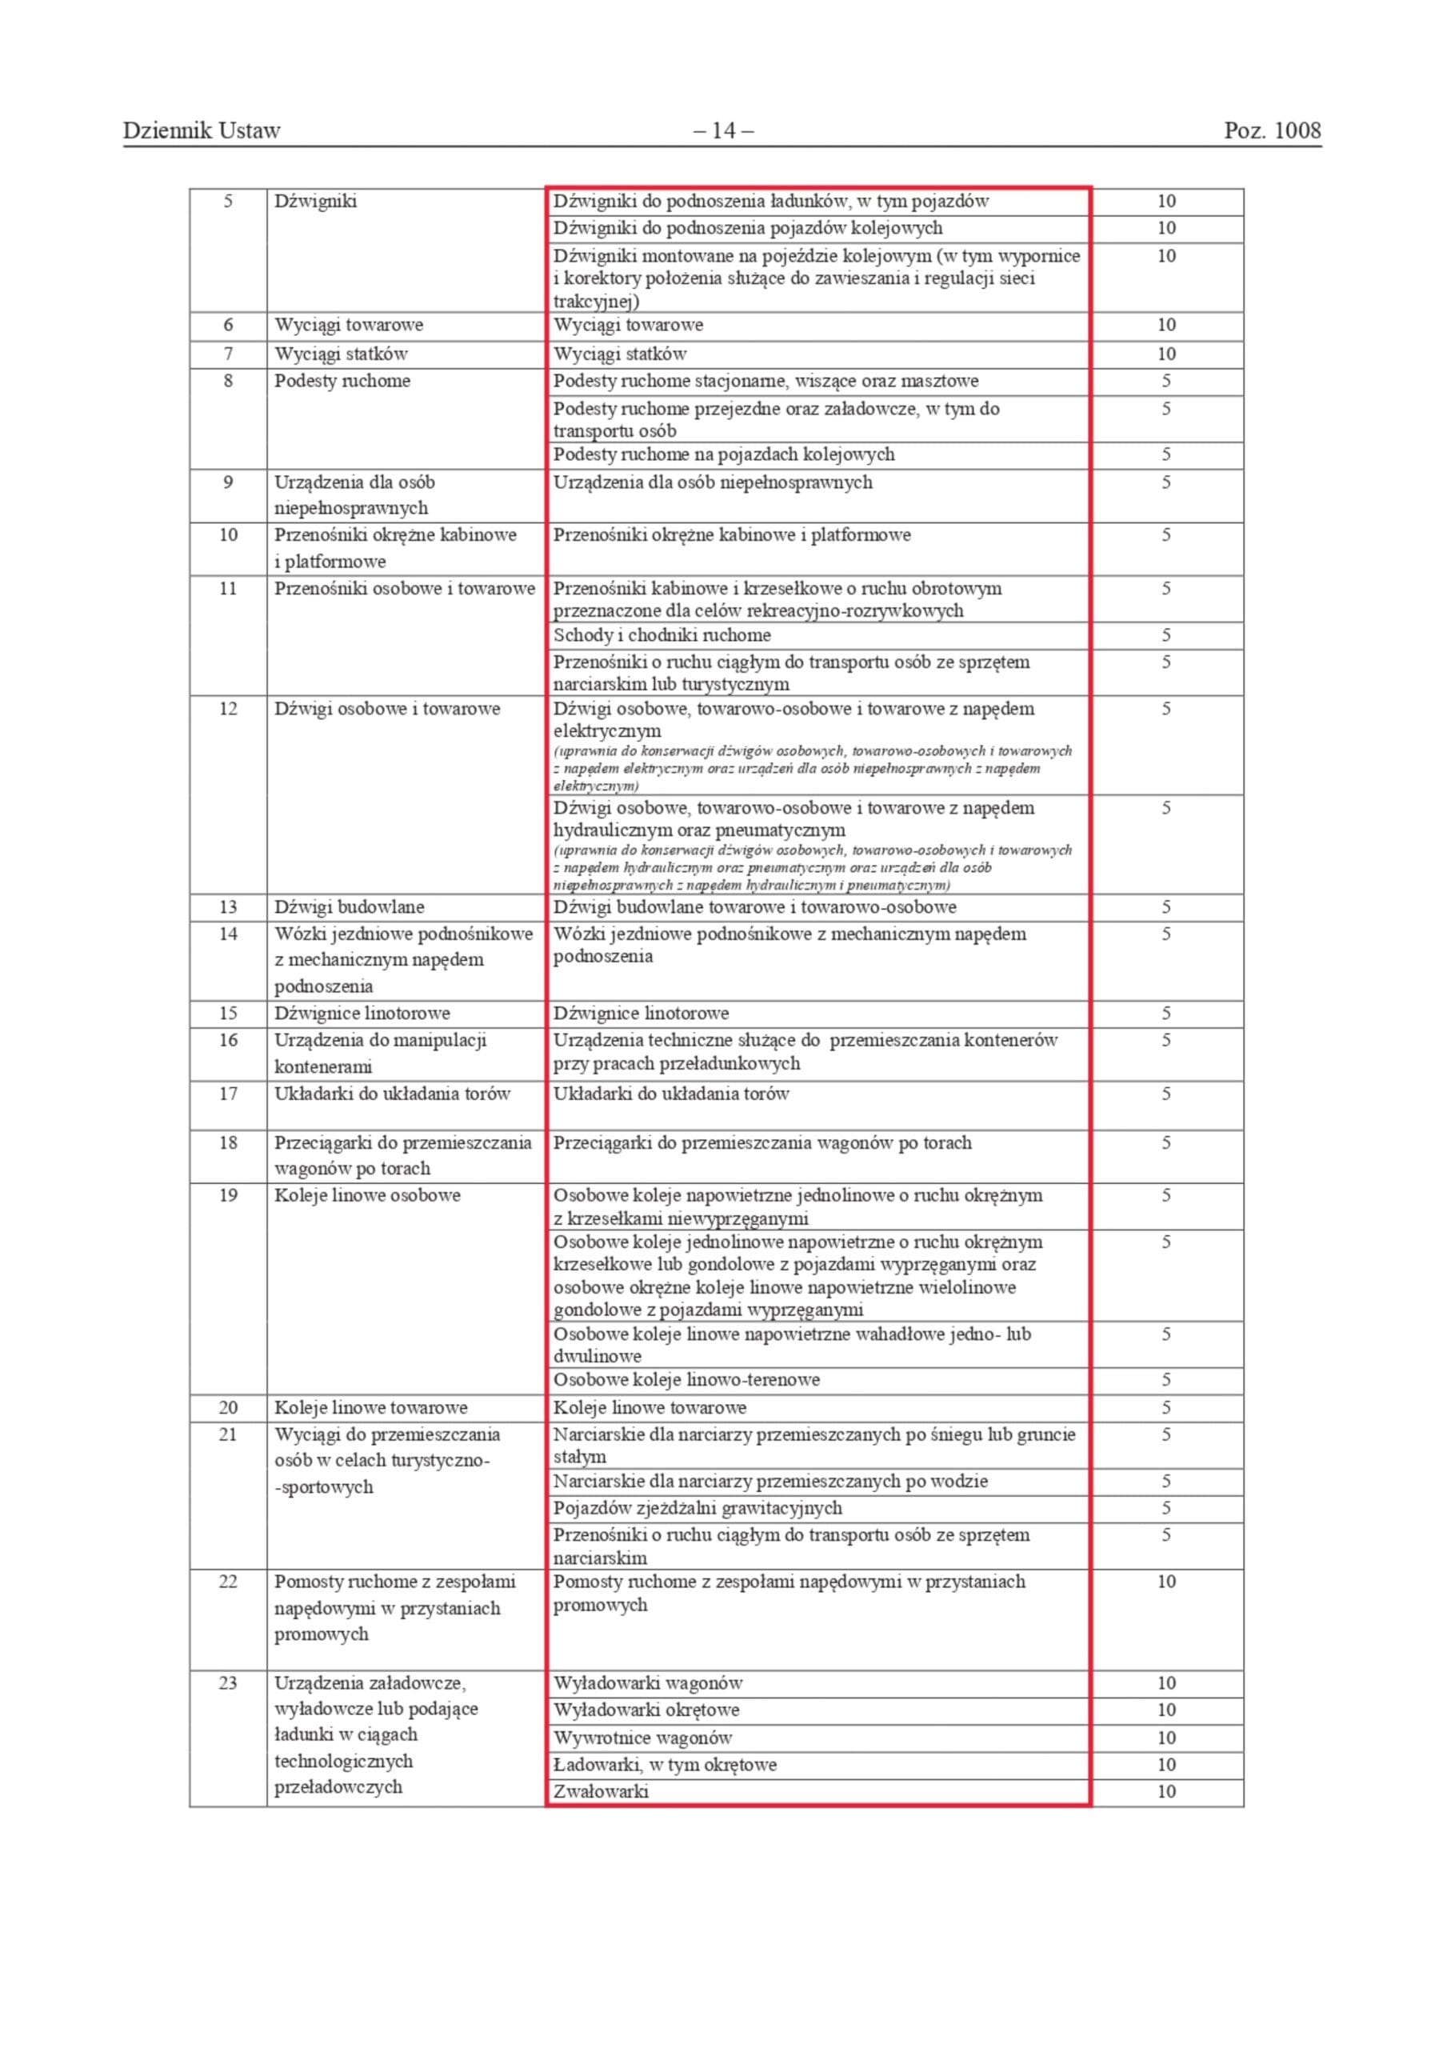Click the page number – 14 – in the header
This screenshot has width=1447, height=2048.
pos(722,131)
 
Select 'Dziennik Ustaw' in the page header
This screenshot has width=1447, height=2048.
pos(202,131)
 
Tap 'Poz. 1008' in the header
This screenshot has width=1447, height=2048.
pos(1271,131)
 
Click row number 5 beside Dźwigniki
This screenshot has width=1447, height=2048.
pos(229,202)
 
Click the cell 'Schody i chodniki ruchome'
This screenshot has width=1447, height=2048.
pos(662,635)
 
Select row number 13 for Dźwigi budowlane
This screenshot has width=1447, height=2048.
pos(229,907)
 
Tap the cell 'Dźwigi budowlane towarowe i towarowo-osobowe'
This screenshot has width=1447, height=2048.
pos(755,907)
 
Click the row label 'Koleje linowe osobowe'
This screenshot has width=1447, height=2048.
pos(367,1195)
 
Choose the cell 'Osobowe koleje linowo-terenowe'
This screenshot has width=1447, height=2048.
pos(686,1380)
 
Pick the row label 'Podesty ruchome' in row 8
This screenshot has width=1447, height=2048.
pos(342,382)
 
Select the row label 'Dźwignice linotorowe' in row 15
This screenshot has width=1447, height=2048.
pos(362,1014)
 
